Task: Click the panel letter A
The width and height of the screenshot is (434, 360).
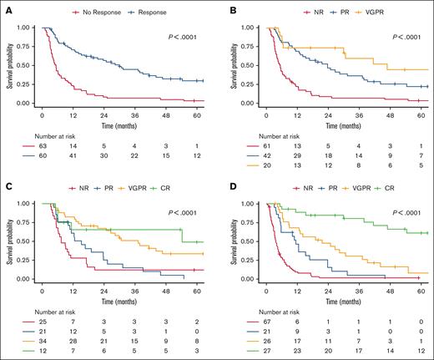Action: pos(7,8)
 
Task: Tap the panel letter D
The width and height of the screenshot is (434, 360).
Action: pos(227,185)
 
